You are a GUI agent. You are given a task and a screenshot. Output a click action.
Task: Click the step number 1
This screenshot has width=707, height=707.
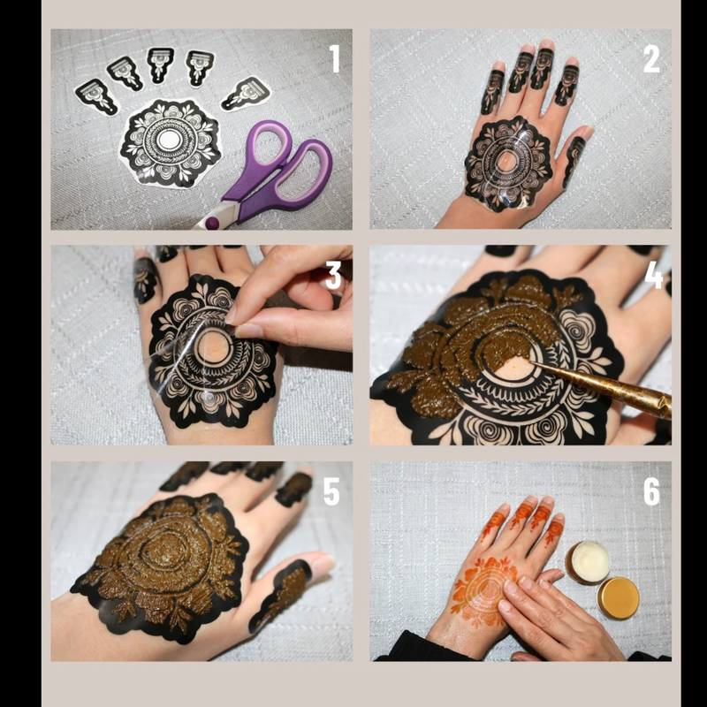(x=334, y=59)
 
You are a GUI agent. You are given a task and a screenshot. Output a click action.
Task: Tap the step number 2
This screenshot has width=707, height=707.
(x=650, y=59)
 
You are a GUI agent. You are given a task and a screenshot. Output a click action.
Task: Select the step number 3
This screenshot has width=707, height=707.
(x=333, y=276)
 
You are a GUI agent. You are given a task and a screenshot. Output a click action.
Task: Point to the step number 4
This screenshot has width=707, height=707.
(x=653, y=276)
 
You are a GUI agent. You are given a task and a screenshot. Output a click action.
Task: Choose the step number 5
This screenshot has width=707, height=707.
(x=331, y=492)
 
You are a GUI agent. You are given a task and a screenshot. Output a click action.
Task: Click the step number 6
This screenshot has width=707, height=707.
(x=651, y=492)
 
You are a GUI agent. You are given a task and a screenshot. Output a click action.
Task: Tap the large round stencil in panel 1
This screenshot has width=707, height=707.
(x=169, y=141)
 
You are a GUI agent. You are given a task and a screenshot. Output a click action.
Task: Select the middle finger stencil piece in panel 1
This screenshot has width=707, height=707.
(x=160, y=66)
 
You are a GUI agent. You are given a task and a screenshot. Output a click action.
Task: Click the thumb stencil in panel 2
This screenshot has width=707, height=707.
(x=574, y=159)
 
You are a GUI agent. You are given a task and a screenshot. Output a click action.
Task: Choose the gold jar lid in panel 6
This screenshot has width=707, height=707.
(x=618, y=597)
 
